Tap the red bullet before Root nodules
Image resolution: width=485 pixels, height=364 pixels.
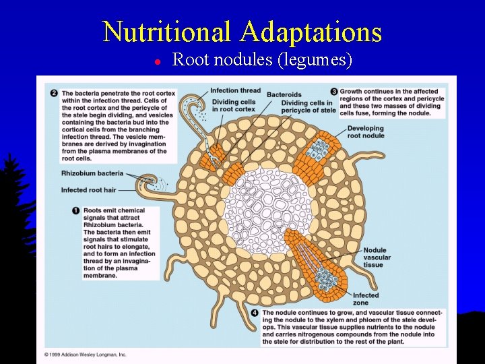pos(156,61)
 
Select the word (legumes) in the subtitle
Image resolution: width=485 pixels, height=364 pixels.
pos(315,60)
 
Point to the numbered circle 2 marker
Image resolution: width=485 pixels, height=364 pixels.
pos(54,92)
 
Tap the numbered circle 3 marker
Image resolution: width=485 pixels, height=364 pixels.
pos(334,92)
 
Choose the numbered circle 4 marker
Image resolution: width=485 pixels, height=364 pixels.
pos(254,313)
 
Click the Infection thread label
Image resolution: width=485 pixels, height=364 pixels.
pos(235,91)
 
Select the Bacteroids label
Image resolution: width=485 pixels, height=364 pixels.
pos(284,94)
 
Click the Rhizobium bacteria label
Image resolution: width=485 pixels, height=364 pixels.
pos(92,174)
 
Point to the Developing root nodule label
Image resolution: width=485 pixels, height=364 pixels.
pos(366,131)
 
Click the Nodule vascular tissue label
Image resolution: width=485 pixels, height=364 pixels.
pos(374,257)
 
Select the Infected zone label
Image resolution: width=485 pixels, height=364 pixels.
pos(366,299)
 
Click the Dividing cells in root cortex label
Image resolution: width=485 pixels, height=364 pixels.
pos(232,105)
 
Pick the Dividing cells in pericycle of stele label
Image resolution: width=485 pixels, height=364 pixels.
pos(308,107)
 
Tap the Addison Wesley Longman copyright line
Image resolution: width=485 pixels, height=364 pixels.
pos(86,354)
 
